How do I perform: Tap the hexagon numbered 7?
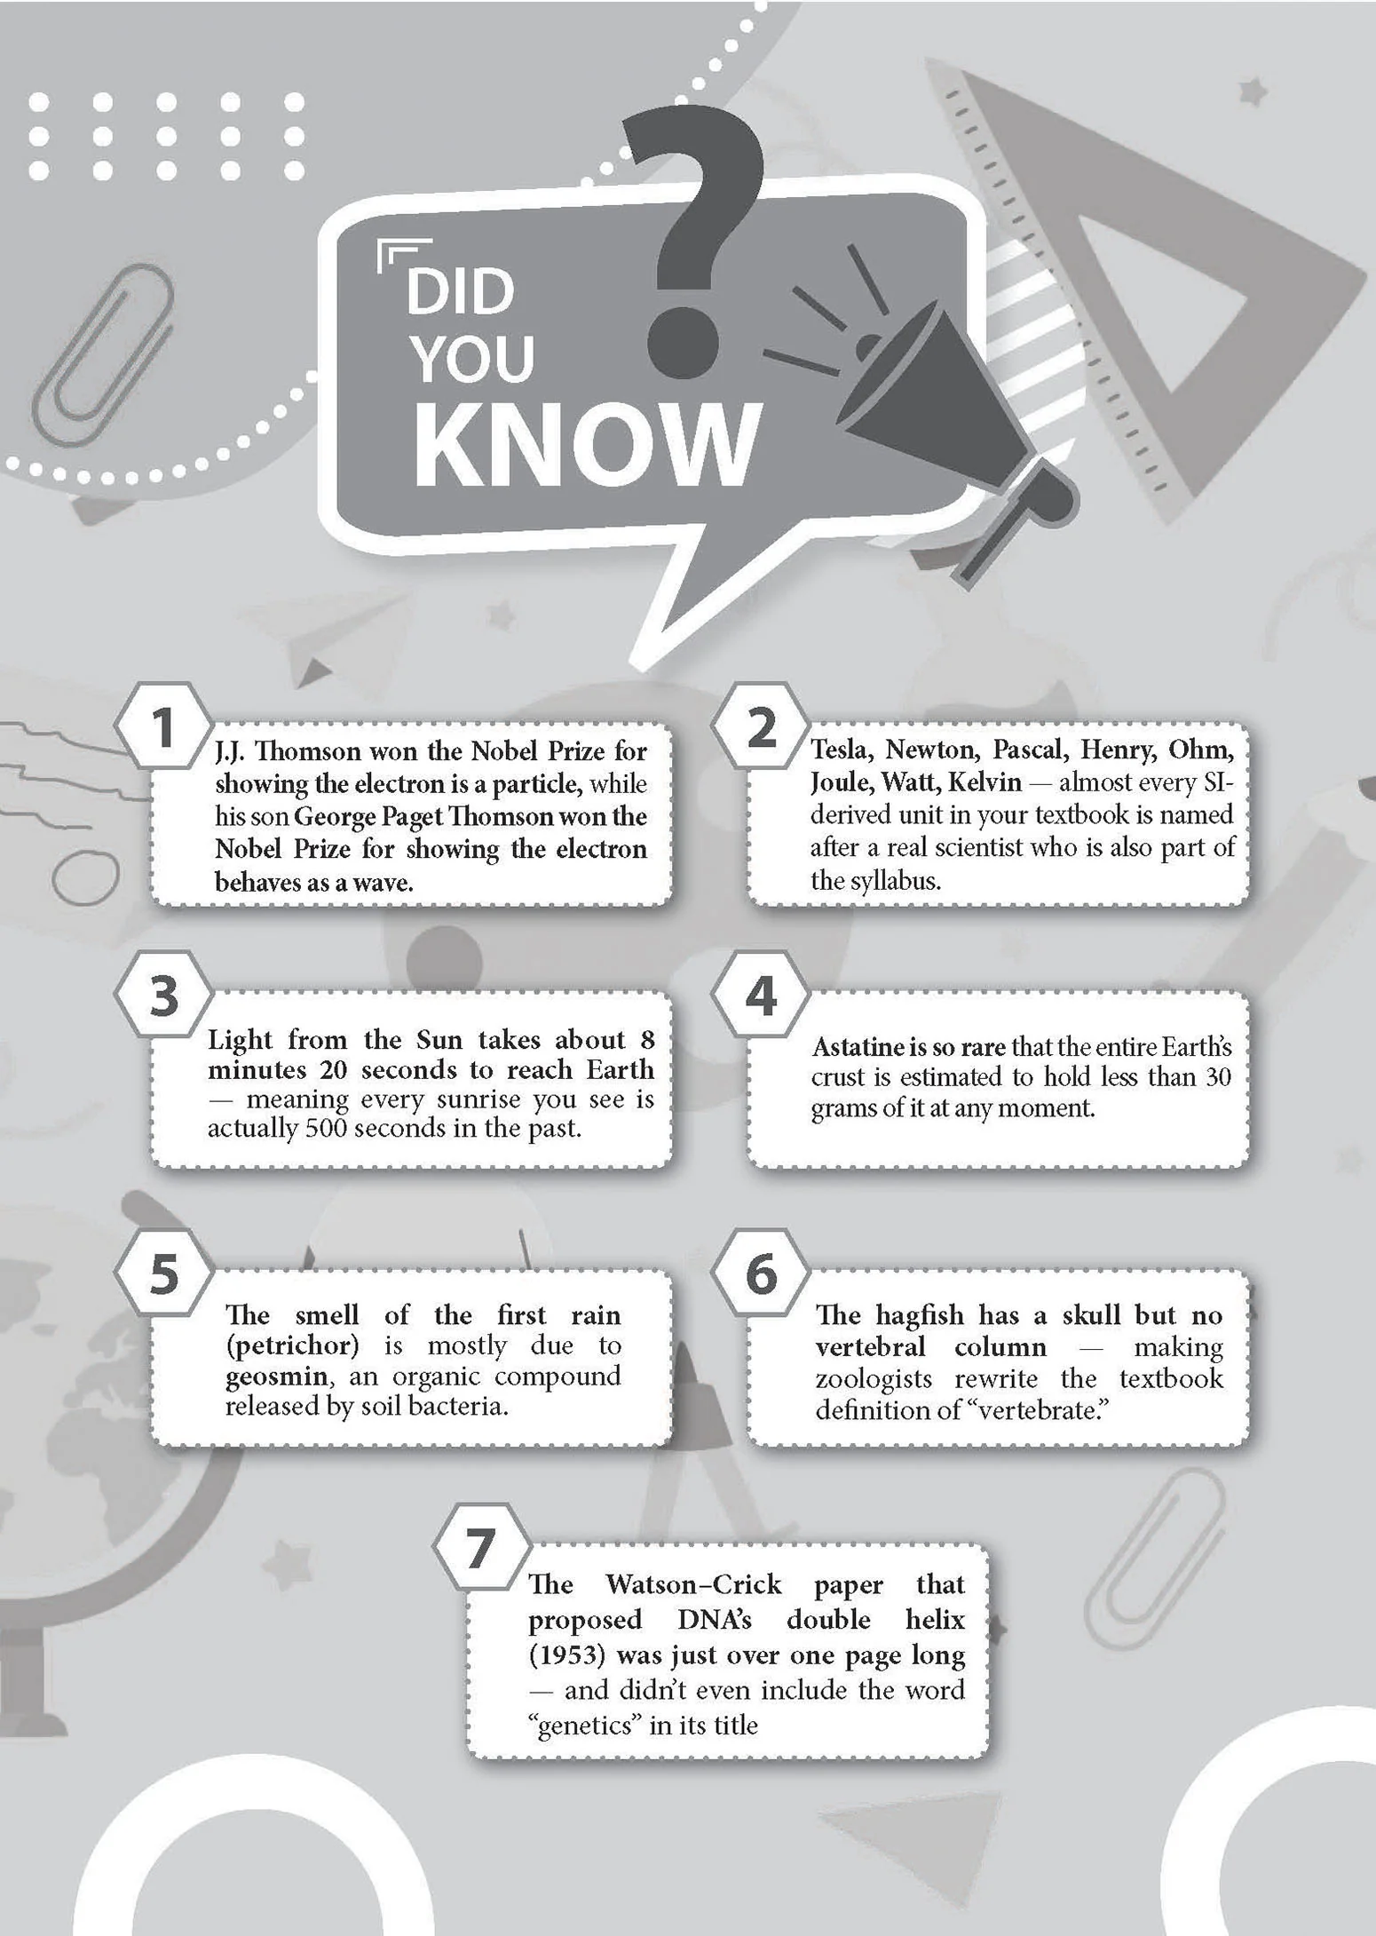click(480, 1548)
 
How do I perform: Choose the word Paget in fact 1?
click(410, 817)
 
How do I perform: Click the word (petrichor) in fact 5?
click(292, 1345)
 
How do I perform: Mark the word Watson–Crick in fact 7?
click(693, 1584)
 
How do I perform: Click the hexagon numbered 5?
click(163, 1273)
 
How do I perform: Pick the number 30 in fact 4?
click(1218, 1077)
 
